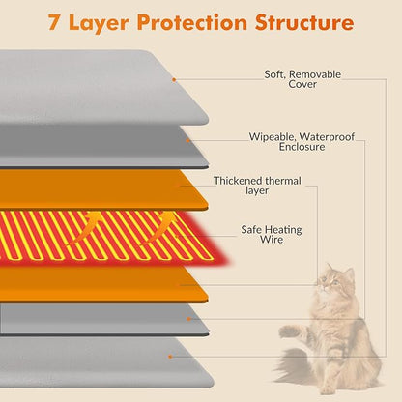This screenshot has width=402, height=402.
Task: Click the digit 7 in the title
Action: [54, 23]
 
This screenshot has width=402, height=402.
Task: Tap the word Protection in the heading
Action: [192, 23]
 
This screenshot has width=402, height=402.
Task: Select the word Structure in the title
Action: [304, 23]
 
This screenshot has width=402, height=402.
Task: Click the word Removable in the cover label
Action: [315, 74]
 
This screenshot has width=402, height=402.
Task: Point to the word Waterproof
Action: [327, 137]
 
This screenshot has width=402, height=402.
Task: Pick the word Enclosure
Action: [301, 147]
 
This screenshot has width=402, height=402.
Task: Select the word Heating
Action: [284, 230]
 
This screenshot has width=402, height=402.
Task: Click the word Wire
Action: [272, 240]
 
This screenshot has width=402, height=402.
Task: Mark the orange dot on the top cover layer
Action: [174, 79]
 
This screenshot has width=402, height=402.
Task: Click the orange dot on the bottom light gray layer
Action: [170, 357]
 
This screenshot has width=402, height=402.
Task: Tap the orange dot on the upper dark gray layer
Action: [188, 140]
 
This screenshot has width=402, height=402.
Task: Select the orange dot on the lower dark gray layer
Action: [188, 319]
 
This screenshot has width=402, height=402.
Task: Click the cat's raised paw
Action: [288, 330]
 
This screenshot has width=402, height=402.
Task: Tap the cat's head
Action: [334, 281]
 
